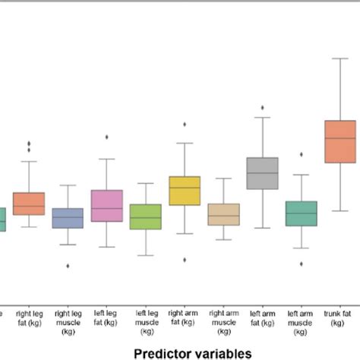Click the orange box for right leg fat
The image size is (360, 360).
[29, 204]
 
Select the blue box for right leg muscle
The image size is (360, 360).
[68, 218]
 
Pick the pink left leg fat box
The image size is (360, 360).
[106, 206]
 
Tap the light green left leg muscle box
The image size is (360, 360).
[145, 217]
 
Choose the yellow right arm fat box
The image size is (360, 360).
[185, 191]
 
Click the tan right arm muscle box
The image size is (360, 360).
[223, 214]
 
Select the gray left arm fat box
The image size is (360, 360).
[262, 173]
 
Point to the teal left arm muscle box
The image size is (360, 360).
[301, 213]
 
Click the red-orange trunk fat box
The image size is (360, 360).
[340, 141]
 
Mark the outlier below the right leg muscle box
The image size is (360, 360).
[68, 266]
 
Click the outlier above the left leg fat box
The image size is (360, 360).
[106, 137]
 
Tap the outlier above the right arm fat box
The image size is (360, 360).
[185, 124]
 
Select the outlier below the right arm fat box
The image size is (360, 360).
[185, 260]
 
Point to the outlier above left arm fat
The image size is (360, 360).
[262, 108]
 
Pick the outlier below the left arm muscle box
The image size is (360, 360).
[301, 264]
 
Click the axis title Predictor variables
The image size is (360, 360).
[192, 352]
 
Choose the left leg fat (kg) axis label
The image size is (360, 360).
[106, 317]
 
